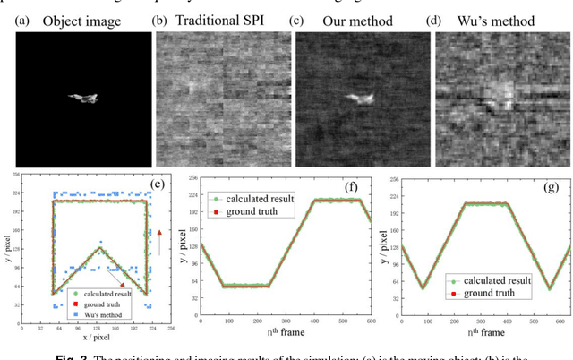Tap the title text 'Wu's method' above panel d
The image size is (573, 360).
pos(494,19)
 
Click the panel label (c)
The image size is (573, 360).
pos(305,19)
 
